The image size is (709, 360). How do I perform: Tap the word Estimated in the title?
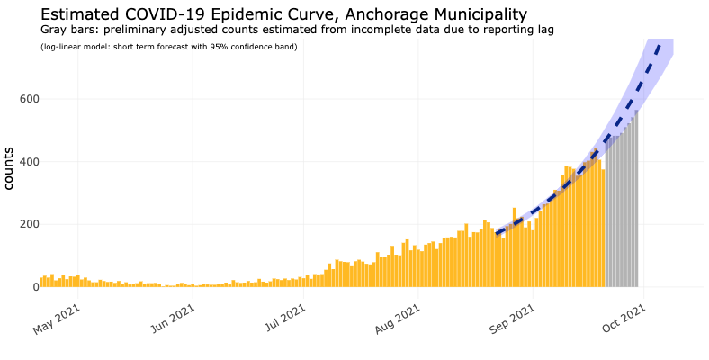78,14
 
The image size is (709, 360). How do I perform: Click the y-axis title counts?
9,168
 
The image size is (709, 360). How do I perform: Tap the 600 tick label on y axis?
30,99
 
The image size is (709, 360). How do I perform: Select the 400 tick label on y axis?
30,161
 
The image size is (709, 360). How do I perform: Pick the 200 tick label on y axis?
30,224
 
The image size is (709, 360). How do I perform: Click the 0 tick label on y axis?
35,287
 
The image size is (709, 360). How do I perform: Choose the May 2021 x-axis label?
57,319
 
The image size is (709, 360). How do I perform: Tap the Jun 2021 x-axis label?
172,319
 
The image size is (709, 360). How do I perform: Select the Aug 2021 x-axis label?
398,319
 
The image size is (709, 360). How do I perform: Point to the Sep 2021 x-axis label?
512,319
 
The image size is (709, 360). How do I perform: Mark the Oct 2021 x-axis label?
624,319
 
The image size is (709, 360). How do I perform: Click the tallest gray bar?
636,199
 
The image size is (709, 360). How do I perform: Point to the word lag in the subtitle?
547,31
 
